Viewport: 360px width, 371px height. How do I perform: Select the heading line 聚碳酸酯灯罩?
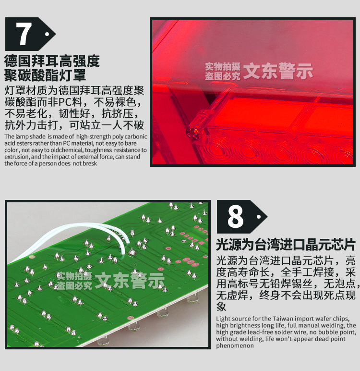(45, 75)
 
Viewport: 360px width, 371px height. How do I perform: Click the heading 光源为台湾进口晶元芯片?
(286, 244)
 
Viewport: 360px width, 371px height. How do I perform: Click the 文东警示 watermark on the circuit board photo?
(130, 281)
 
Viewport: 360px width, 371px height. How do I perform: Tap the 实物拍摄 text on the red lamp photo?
(222, 66)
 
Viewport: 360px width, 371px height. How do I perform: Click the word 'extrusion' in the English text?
(15, 157)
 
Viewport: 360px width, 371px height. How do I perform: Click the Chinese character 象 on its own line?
(221, 307)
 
